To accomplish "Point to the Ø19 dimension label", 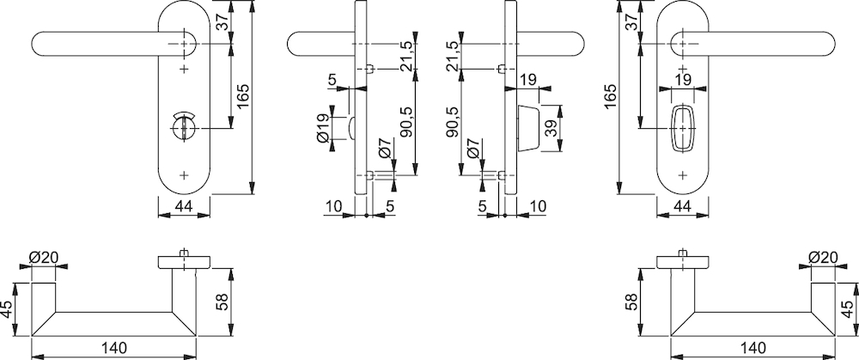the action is click(323, 129).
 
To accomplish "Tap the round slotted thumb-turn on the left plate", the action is click(183, 126).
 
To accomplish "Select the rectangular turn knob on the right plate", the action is click(682, 128).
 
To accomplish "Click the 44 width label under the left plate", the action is click(184, 206).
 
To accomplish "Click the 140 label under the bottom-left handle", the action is click(114, 348).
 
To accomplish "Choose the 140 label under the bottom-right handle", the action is click(752, 348).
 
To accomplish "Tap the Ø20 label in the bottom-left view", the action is click(44, 257).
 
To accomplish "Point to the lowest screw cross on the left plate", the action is click(184, 175).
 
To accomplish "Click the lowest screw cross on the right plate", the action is click(682, 175).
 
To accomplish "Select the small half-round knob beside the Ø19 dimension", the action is click(350, 129).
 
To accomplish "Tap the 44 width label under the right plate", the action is click(682, 206).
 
